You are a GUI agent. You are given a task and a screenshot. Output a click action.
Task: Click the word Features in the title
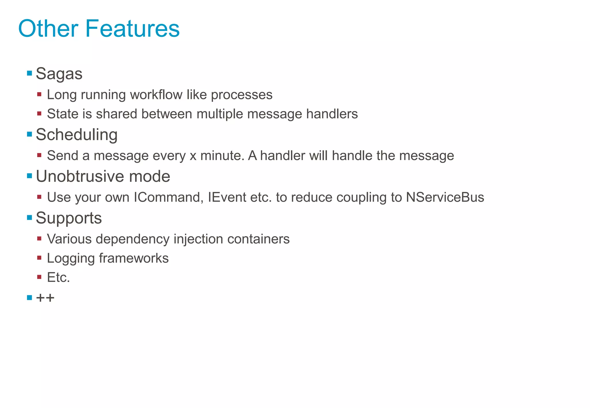click(x=132, y=28)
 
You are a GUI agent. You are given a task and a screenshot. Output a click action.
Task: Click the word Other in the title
click(x=48, y=28)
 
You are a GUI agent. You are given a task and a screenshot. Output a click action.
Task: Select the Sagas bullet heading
click(x=59, y=74)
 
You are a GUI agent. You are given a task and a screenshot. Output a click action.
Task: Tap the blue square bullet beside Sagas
click(x=29, y=73)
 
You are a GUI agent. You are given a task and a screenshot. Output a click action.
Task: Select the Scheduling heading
click(x=77, y=135)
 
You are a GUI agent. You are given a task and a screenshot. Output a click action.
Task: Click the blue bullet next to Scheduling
click(x=29, y=134)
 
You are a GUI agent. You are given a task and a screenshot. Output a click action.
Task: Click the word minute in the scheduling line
click(x=222, y=156)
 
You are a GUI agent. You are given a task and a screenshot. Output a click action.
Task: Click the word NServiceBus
click(x=445, y=197)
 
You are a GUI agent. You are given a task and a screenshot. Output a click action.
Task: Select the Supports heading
click(x=69, y=218)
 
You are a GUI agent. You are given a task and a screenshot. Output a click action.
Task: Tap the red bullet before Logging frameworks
click(x=39, y=258)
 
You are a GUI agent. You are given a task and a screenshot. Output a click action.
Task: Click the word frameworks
click(x=134, y=258)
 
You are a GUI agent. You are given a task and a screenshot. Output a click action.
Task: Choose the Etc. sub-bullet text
click(x=58, y=277)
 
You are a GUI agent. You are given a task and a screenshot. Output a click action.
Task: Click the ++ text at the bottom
click(x=45, y=298)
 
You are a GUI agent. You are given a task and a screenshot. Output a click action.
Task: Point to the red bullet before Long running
click(x=39, y=94)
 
